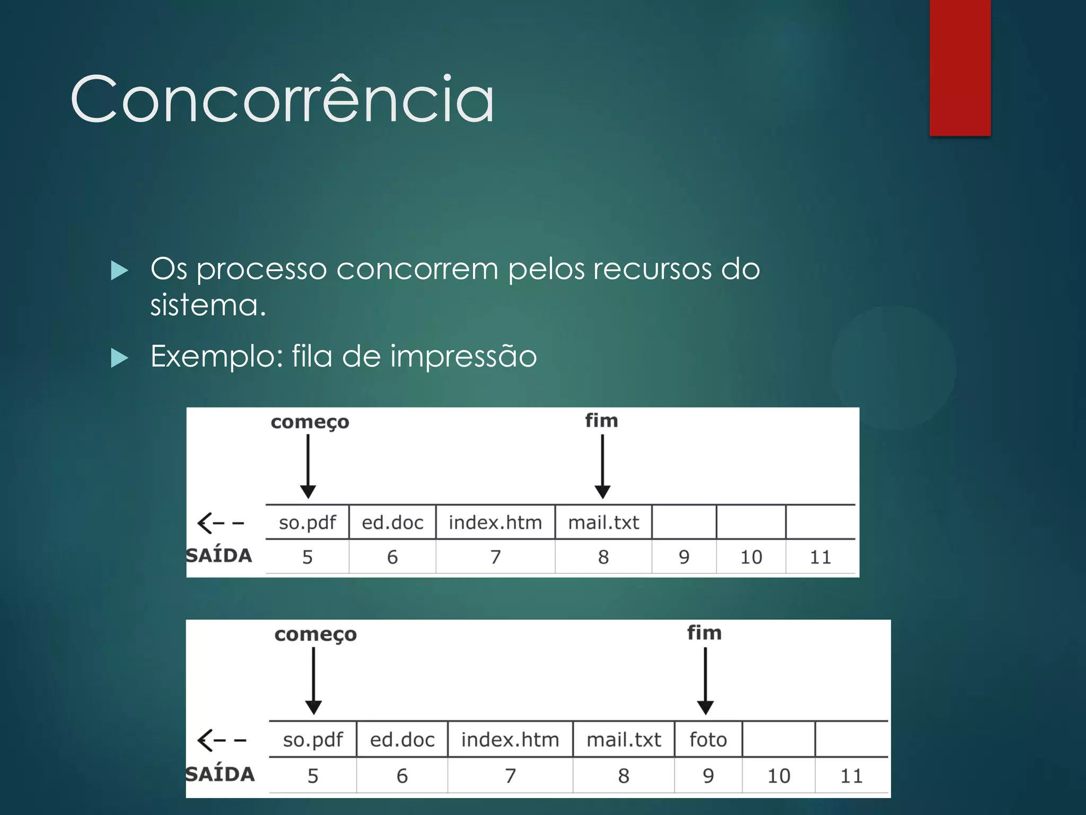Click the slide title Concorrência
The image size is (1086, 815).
282,99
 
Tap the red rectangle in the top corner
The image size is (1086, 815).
960,67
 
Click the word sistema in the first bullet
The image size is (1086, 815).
207,305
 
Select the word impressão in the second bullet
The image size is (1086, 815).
463,356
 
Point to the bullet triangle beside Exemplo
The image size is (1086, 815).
120,358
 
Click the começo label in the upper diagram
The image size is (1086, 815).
310,422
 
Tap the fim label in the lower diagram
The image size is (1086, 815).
704,633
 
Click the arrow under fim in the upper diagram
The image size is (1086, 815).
602,466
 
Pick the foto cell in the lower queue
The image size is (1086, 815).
708,740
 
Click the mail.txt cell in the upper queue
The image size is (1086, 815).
603,523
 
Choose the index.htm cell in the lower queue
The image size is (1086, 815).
510,740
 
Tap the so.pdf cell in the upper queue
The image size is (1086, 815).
307,523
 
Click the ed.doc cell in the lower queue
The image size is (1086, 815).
402,740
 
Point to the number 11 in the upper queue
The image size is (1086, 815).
820,557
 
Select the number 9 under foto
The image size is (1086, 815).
708,776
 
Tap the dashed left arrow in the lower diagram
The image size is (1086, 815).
221,740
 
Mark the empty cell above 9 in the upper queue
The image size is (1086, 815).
684,523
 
